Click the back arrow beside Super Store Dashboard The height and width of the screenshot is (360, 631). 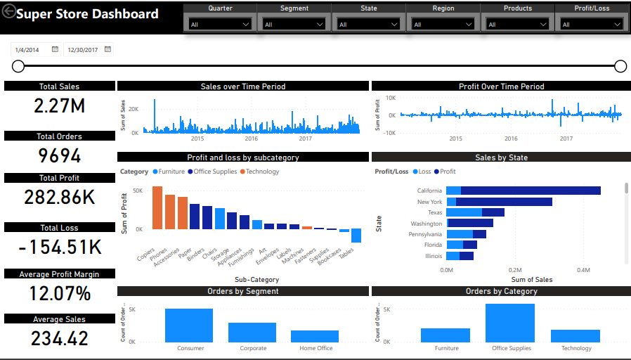pos(9,14)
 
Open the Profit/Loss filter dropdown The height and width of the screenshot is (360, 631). pos(592,24)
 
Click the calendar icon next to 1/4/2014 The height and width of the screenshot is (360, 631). pos(55,50)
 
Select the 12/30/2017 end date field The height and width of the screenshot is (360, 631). pos(83,50)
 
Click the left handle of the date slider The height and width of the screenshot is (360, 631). pos(18,66)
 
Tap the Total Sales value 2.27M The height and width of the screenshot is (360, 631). pos(60,106)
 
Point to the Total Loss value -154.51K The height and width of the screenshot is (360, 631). pos(60,247)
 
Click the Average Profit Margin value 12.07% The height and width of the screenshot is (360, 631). pos(60,292)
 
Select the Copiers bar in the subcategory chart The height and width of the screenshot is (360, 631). pos(157,207)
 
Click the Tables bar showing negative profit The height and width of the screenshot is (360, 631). pos(356,236)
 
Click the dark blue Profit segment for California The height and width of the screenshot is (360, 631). pos(531,191)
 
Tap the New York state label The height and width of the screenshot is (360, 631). pos(429,202)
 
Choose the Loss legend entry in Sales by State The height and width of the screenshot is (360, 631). pos(422,172)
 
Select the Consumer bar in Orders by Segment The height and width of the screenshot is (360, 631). pos(189,325)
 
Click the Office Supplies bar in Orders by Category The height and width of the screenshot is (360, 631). pos(510,323)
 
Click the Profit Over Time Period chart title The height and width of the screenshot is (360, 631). pos(501,86)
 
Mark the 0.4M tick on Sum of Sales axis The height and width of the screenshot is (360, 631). pos(583,269)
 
